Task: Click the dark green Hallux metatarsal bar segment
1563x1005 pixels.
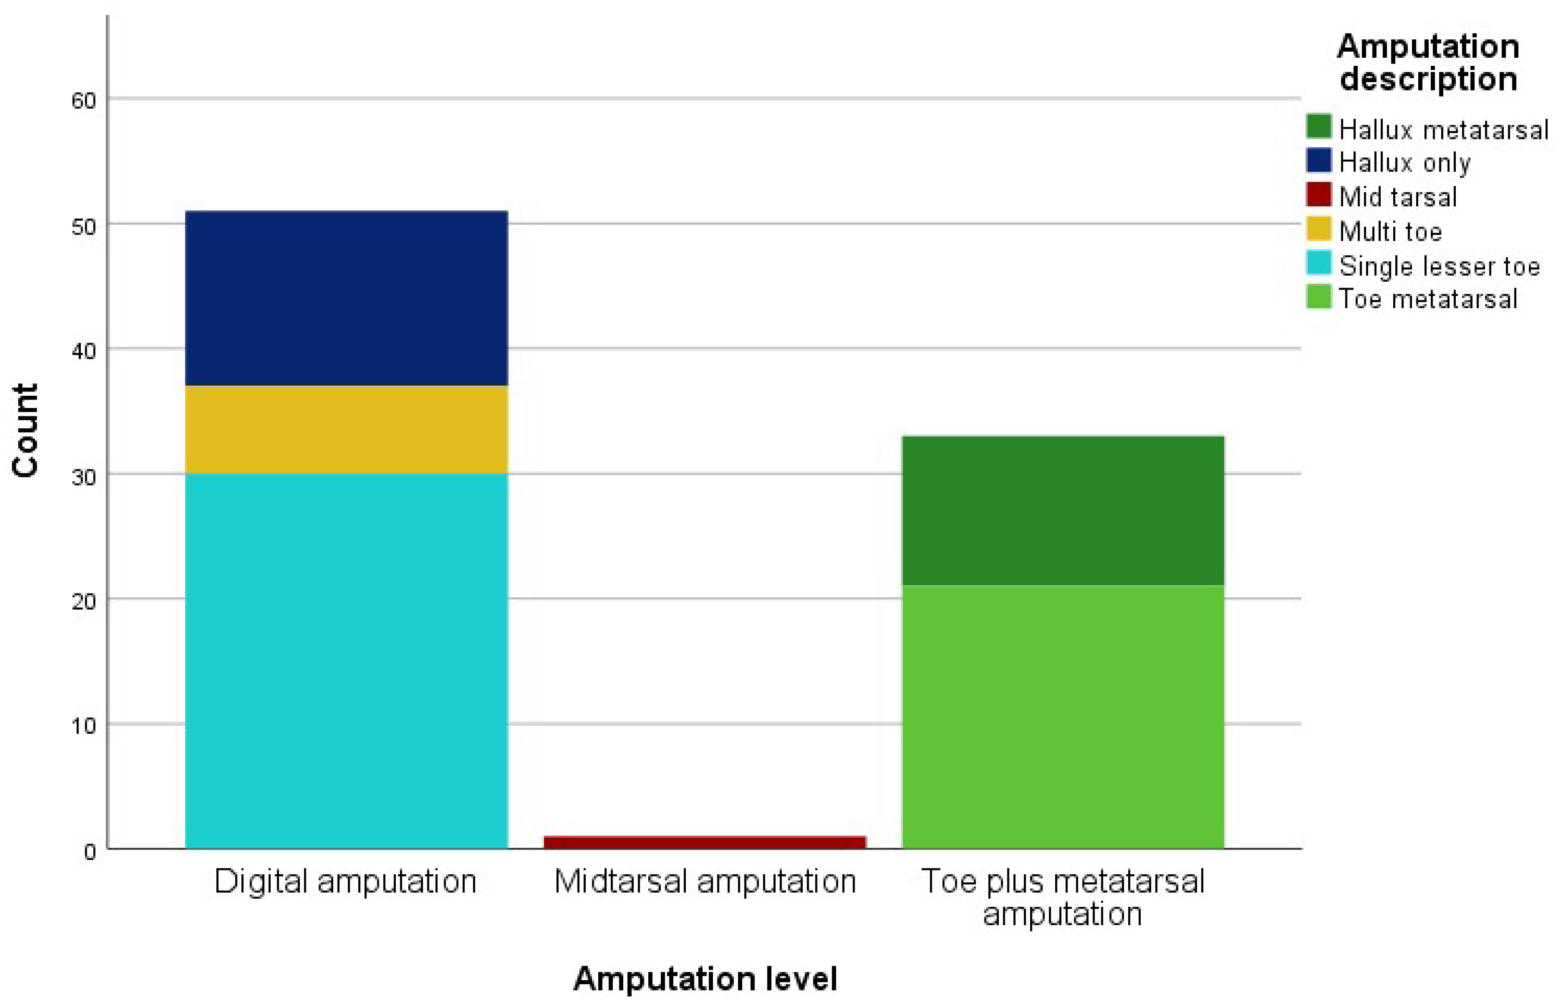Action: (1062, 510)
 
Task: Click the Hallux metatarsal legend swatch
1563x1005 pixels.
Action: (1318, 126)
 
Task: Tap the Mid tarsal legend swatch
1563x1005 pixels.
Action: (1318, 194)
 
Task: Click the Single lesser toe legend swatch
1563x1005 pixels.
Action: (1318, 263)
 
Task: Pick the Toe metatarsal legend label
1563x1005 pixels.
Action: (1428, 299)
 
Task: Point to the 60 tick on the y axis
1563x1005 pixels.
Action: (83, 100)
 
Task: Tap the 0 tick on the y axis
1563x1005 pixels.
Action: (89, 852)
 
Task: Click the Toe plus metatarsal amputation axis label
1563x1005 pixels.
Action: (1062, 897)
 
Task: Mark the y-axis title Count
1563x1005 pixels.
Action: (25, 431)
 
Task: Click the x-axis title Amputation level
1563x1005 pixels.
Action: (705, 978)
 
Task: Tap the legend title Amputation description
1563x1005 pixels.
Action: (1428, 63)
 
